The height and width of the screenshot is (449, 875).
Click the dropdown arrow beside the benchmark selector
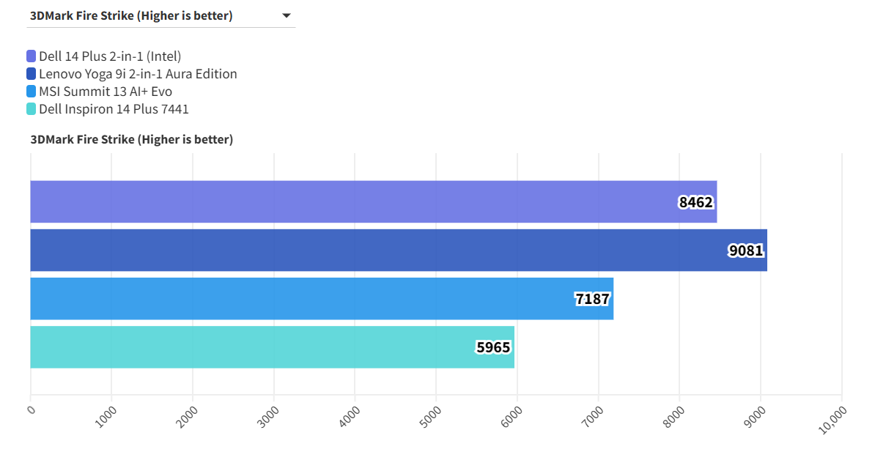tap(286, 15)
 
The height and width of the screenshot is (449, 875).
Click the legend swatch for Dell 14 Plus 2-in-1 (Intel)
tap(32, 56)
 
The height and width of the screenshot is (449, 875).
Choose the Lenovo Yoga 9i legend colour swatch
tap(32, 74)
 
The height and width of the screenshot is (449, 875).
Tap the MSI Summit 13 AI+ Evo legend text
tap(106, 92)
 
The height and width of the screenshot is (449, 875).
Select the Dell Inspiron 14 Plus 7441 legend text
tap(114, 109)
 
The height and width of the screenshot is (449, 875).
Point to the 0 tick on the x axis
tap(31, 409)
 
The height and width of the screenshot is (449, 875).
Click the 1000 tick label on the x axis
tap(106, 415)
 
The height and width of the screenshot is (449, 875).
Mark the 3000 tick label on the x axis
tap(269, 415)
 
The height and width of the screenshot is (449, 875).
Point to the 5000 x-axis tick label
tap(431, 415)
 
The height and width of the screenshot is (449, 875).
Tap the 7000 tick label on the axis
tap(594, 415)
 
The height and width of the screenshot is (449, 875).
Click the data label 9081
tap(746, 251)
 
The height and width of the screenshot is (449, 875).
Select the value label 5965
tap(493, 347)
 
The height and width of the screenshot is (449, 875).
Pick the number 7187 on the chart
tap(592, 299)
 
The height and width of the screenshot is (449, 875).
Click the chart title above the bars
tap(132, 139)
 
